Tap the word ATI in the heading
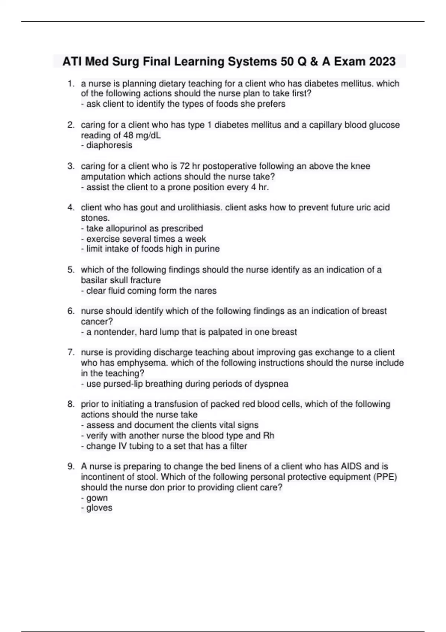[x=72, y=61]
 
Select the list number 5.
[x=71, y=270]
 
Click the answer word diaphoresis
[x=109, y=145]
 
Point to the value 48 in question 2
[x=128, y=135]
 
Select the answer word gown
[x=97, y=498]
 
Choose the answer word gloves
[x=99, y=508]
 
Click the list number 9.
[x=71, y=467]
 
